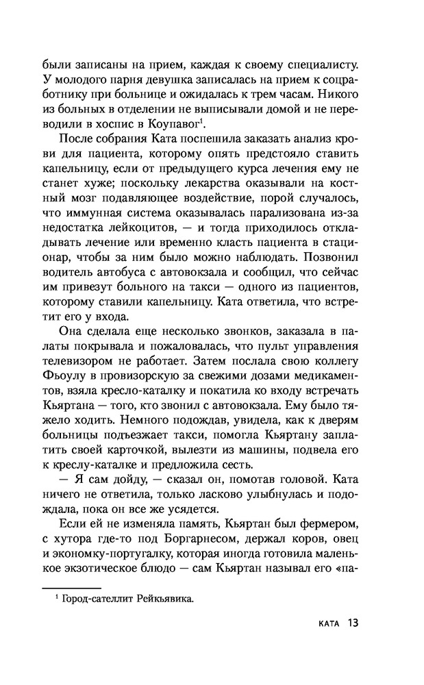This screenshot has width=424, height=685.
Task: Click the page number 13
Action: [353, 623]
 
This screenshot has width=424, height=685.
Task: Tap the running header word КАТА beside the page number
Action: [322, 623]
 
